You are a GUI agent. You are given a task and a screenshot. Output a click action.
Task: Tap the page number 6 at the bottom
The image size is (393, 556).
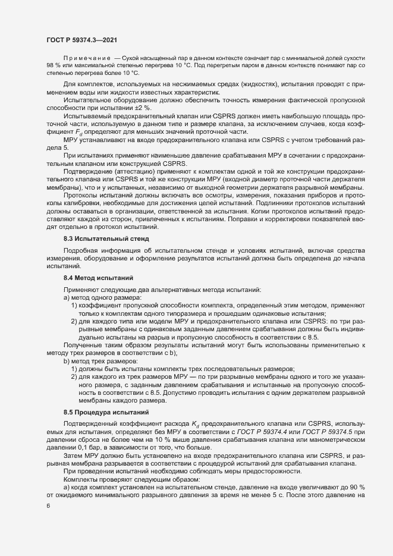pos(48,506)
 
